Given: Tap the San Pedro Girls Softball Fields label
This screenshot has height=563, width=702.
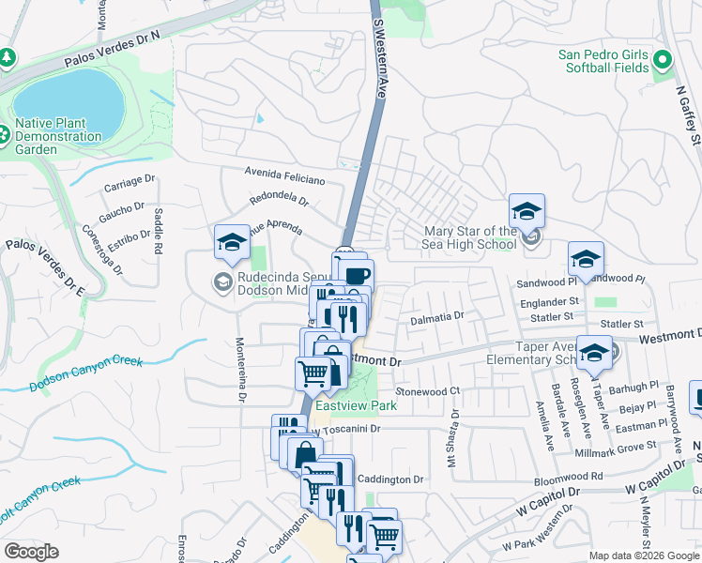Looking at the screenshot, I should [617, 61].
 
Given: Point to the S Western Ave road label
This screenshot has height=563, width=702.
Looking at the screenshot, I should [380, 52].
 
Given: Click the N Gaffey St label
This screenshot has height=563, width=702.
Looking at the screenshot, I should [688, 111].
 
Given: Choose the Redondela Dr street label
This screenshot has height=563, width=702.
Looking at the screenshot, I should [279, 199].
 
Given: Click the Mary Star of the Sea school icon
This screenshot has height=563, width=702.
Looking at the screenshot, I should [526, 210].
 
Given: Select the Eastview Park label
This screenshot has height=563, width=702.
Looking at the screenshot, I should [356, 405].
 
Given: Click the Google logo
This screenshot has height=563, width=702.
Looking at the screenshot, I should [31, 553].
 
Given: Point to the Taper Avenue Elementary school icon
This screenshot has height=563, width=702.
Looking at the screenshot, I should [593, 353].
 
